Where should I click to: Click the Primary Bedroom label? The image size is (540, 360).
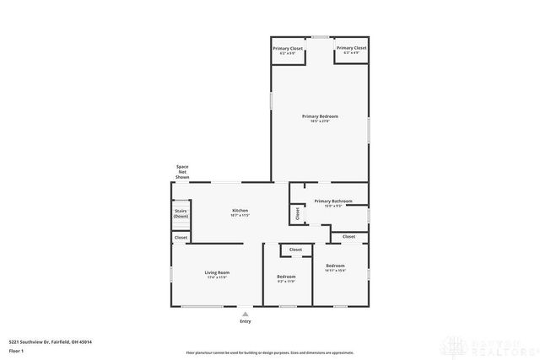click(320, 116)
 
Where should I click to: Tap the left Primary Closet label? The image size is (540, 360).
click(288, 49)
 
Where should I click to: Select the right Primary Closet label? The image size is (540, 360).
click(351, 49)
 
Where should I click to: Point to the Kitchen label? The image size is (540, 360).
click(240, 210)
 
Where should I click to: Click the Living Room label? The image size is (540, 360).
click(218, 272)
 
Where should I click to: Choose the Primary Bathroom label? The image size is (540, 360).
click(332, 201)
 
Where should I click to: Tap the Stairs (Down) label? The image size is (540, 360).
click(181, 213)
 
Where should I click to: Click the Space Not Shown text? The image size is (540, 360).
click(181, 172)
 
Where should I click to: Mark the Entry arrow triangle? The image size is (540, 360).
click(246, 313)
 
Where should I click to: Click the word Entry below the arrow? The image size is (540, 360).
click(246, 321)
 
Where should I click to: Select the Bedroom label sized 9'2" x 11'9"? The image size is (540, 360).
click(286, 277)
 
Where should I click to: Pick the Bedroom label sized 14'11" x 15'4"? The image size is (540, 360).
click(336, 266)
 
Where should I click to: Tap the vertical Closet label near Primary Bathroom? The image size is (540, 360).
click(297, 214)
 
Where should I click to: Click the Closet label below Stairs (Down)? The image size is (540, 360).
click(181, 238)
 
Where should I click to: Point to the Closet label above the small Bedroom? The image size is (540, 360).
click(295, 250)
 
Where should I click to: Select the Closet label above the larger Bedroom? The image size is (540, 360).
click(348, 237)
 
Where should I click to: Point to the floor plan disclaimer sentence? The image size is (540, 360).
click(269, 352)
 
